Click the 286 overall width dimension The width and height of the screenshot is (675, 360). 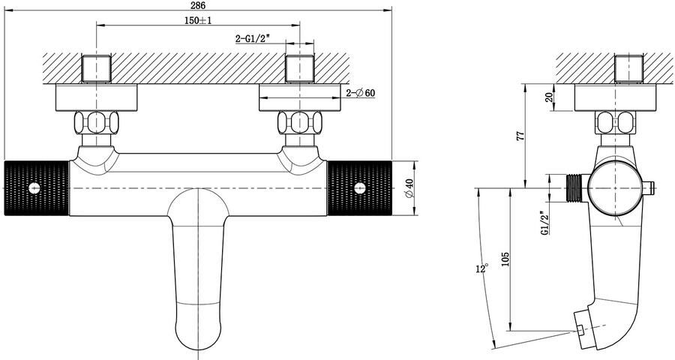(x=198, y=5)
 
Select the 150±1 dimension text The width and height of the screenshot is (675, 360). (x=198, y=21)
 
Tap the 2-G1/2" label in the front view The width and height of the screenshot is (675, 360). (x=252, y=39)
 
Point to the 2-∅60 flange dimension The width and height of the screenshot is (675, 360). (x=361, y=92)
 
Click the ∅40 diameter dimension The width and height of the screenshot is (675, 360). (x=409, y=188)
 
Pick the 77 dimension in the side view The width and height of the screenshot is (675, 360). (x=521, y=136)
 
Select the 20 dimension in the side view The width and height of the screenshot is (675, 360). (x=548, y=97)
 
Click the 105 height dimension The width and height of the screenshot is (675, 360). (x=505, y=259)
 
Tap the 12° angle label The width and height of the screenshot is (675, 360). (x=482, y=268)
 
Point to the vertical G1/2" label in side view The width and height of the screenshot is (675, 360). (x=545, y=223)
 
